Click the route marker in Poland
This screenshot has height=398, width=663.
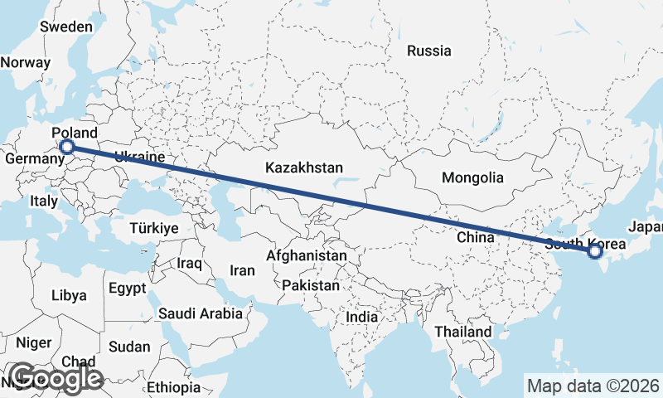point(67,148)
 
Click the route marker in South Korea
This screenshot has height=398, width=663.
point(595,250)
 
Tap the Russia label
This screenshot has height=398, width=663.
point(429,51)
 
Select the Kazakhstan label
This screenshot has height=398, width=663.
point(304,168)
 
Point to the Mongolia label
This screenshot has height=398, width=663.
point(472,177)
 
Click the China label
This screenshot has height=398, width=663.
point(475,238)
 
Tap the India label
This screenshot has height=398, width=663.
point(362,317)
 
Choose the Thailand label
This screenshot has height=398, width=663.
point(463,332)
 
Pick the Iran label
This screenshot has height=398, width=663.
point(242,270)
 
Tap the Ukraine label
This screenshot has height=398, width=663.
point(140,157)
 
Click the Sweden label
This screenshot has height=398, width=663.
point(66,27)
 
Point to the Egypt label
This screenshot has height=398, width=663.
point(127,289)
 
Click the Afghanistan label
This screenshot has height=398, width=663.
point(307,256)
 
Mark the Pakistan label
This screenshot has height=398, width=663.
point(311,285)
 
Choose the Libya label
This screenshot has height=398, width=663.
point(68,295)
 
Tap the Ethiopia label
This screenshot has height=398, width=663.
point(174,387)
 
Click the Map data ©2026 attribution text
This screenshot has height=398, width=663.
point(593,386)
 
